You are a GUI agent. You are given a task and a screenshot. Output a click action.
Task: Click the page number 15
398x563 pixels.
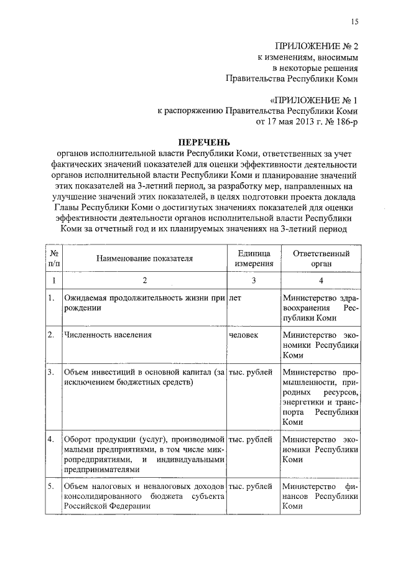tap(354, 22)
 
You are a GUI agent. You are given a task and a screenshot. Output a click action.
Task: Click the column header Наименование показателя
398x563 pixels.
tap(144, 258)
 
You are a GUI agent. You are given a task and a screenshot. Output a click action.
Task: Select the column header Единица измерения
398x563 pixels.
tap(252, 258)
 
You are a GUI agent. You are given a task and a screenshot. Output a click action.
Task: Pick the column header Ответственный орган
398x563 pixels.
tap(322, 258)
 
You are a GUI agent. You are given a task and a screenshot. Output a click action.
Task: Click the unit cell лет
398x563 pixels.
tap(236, 298)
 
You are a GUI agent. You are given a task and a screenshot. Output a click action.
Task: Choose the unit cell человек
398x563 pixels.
tap(244, 335)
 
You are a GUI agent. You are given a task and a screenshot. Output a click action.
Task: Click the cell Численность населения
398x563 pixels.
tap(99, 335)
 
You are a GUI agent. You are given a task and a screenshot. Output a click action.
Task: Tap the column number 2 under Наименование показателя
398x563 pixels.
tap(144, 281)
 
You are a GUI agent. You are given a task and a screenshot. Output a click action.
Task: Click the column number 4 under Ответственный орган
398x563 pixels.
tap(321, 281)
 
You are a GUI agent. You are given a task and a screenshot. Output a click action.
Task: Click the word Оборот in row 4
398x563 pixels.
tap(78, 439)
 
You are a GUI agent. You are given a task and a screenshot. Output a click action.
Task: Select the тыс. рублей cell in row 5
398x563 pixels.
tap(251, 485)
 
